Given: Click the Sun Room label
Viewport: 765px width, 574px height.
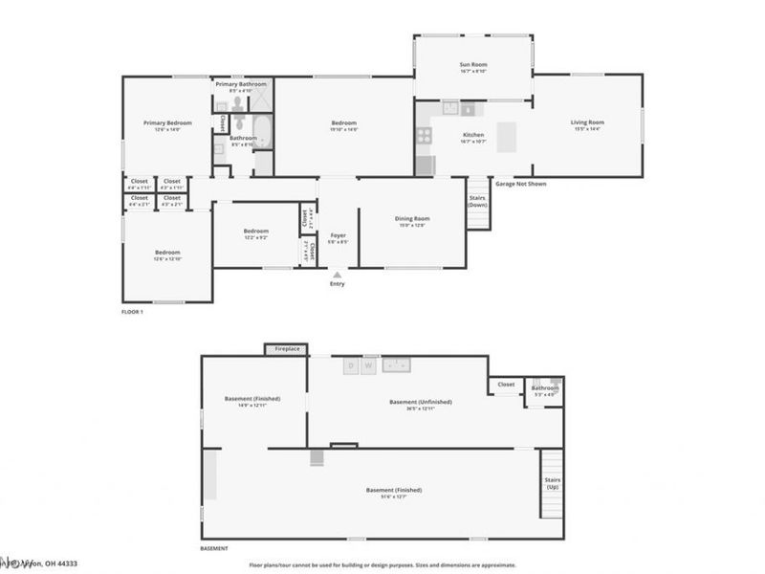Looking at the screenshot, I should click(473, 65).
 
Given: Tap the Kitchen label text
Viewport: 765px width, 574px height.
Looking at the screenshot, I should click(473, 135).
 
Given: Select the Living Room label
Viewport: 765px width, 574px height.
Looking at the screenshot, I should click(587, 122).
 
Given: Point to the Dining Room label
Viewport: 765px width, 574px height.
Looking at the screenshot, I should click(412, 219).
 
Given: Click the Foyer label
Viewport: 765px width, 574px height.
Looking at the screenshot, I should click(339, 235).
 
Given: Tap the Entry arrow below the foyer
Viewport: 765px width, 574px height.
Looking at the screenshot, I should click(337, 274).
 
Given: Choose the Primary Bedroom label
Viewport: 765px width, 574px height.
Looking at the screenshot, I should click(167, 122).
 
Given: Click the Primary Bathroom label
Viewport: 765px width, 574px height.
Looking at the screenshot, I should click(240, 84).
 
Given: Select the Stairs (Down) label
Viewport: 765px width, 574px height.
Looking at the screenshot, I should click(476, 202).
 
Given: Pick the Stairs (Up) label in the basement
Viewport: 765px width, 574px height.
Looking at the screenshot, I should click(552, 483).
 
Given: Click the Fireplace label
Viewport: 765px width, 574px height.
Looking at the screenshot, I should click(287, 349).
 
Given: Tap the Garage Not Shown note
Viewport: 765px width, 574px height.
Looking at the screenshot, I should click(520, 184).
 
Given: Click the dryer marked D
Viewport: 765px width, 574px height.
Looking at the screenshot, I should click(352, 365).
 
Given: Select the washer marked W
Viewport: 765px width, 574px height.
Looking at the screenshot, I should click(368, 365).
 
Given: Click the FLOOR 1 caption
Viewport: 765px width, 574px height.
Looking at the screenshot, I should click(132, 313).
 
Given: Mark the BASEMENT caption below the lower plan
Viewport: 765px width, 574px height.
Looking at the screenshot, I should click(214, 548).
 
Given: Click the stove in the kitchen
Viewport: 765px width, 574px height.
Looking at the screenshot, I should click(424, 136).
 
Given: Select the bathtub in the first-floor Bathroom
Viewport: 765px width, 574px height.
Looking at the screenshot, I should click(262, 133).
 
